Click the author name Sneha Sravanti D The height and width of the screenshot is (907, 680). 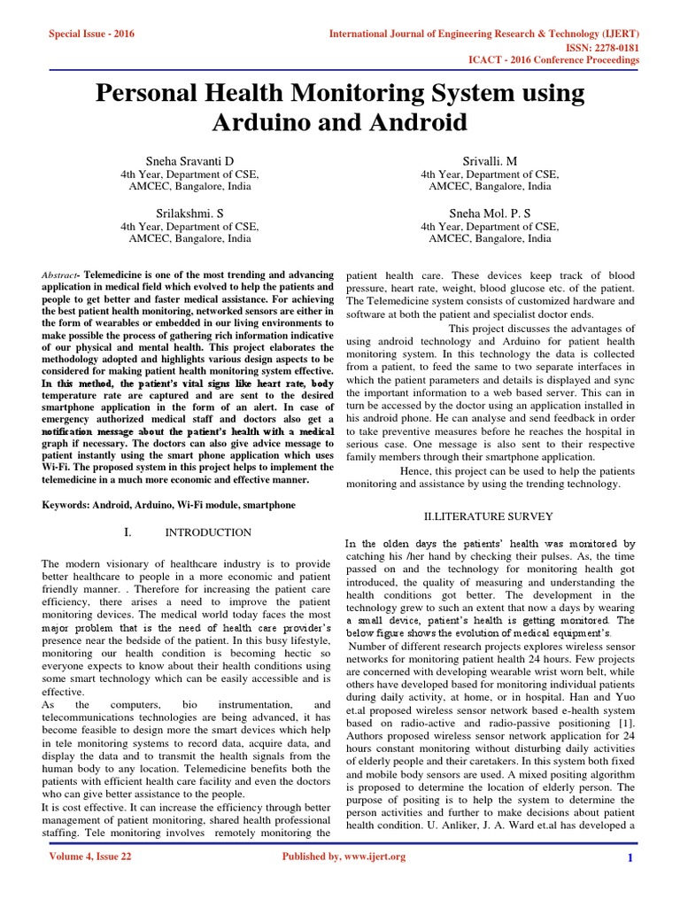[189, 160]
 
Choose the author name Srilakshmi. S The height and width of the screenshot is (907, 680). [189, 213]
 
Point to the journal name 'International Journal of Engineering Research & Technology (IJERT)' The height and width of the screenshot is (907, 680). [484, 34]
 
